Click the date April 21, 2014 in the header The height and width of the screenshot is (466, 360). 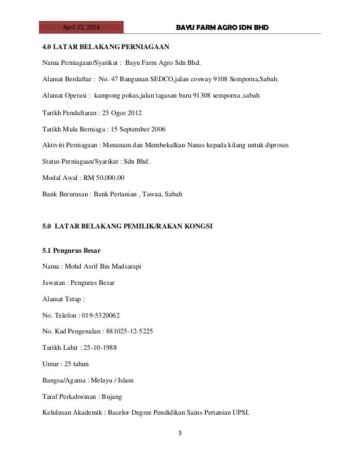pyautogui.click(x=81, y=27)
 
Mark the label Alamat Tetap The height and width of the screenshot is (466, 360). pyautogui.click(x=63, y=298)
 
